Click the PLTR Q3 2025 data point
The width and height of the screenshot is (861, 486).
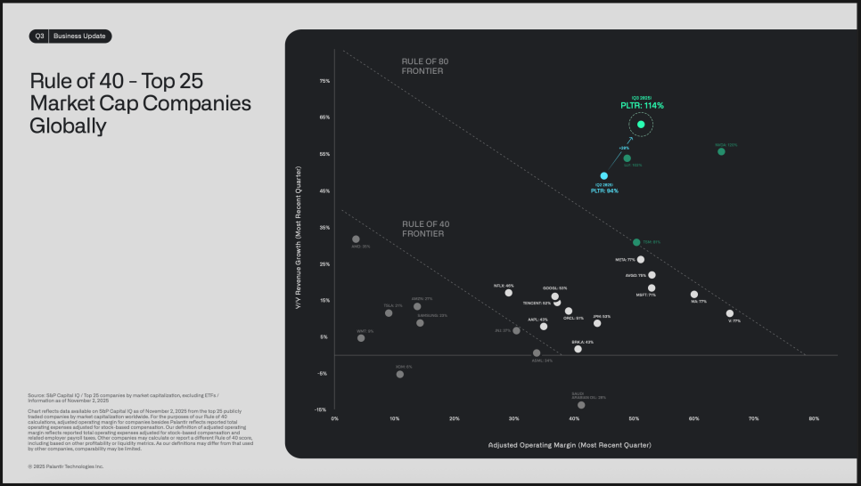tap(641, 125)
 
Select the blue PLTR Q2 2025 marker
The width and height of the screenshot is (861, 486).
tap(603, 176)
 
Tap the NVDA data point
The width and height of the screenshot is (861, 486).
tap(721, 151)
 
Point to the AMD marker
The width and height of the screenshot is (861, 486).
tap(356, 239)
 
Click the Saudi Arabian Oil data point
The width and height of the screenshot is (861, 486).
tap(581, 405)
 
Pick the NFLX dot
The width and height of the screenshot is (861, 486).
tap(509, 293)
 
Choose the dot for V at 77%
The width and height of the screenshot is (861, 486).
tap(729, 313)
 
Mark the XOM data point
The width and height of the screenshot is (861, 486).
tap(399, 374)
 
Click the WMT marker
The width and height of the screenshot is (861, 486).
tap(361, 338)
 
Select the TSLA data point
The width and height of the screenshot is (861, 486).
tap(389, 312)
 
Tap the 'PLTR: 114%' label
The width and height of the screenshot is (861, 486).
tap(642, 106)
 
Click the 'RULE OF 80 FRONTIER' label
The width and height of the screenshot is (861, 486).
tap(422, 65)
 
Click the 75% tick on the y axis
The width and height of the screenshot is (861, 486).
tap(324, 81)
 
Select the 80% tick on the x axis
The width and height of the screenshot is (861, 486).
tap(814, 417)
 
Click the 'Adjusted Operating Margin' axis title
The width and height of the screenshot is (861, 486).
tap(570, 443)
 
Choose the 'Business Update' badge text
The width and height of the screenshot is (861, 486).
tap(79, 36)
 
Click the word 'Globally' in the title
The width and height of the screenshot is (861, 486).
tap(68, 126)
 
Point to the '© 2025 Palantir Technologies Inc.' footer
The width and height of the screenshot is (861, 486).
tap(66, 466)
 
